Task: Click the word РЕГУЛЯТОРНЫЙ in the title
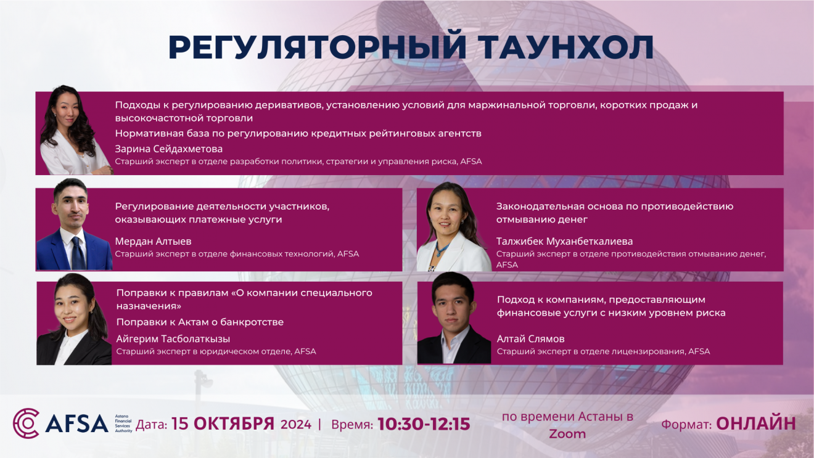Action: (x=317, y=47)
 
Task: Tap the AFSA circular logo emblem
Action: (x=26, y=423)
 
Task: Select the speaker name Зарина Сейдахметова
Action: (x=168, y=149)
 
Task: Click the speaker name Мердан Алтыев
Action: (x=153, y=242)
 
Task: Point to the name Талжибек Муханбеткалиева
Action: (x=564, y=242)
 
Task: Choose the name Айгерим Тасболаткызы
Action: (x=173, y=339)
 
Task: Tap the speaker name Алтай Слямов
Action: (x=530, y=339)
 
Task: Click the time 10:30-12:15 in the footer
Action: (x=424, y=424)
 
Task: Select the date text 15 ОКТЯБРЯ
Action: (x=223, y=424)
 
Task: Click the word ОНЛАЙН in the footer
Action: (x=756, y=423)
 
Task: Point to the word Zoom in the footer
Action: (x=567, y=434)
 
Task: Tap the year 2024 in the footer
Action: (x=296, y=425)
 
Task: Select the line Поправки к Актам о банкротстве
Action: (x=200, y=322)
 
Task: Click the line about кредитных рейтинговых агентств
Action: (x=298, y=134)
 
